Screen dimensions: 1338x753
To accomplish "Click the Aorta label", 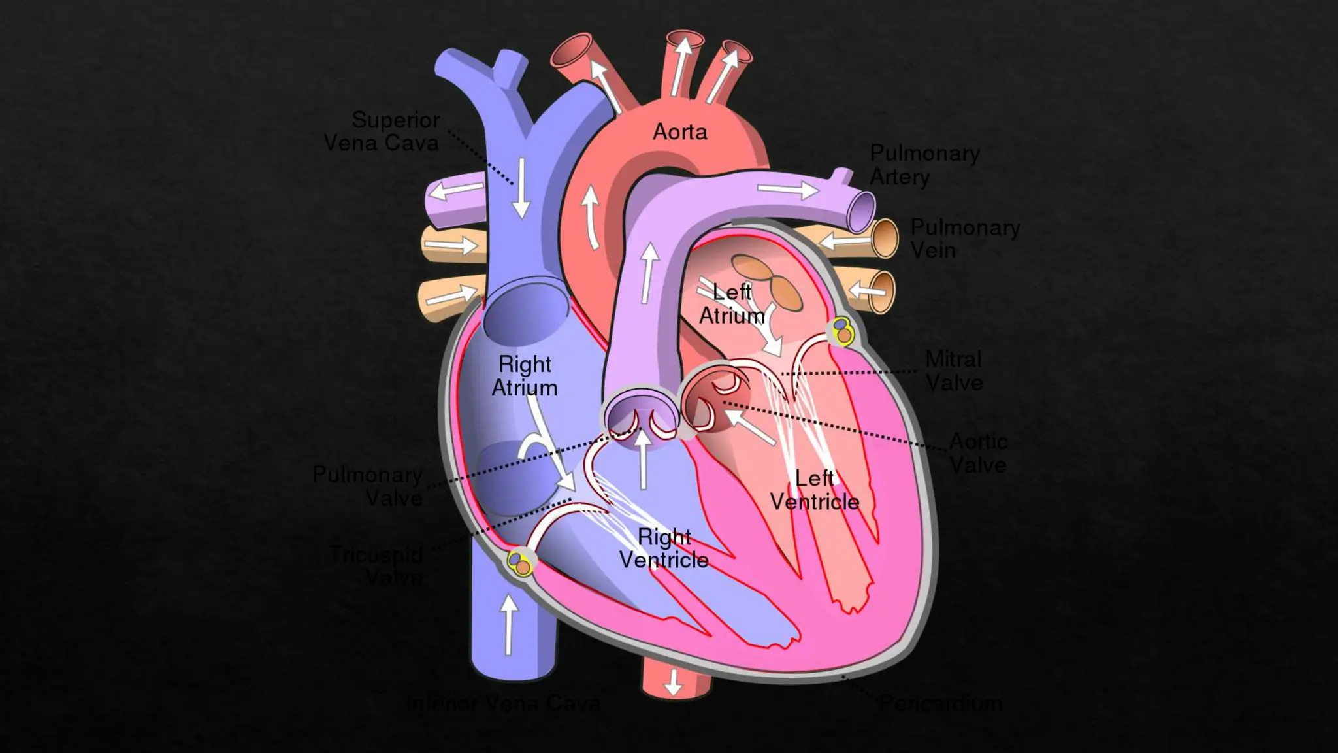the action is click(x=679, y=132).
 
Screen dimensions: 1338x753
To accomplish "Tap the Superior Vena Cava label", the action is click(x=382, y=131).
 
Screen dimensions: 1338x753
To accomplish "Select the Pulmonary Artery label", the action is click(x=924, y=165).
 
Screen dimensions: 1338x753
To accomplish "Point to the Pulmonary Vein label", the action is click(x=964, y=239).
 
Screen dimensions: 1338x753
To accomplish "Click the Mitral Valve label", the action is click(x=954, y=371).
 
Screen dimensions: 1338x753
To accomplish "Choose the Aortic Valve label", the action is click(x=977, y=453).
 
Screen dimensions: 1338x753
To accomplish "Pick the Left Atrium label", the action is click(x=732, y=304).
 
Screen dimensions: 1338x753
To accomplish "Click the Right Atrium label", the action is click(x=525, y=376).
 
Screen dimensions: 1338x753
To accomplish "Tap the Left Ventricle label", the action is click(x=814, y=490).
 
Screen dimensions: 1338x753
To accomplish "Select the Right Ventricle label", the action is click(x=664, y=548).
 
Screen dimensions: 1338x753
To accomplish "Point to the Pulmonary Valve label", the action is click(x=368, y=486).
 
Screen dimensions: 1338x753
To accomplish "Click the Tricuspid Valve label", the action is click(x=377, y=566).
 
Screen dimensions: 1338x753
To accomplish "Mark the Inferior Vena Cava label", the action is click(x=503, y=703).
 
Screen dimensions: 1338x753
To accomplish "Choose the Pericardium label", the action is click(x=940, y=703).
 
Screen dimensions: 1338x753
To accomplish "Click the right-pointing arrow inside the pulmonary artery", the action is click(x=787, y=190).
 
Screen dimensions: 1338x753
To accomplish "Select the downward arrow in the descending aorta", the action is click(x=673, y=682).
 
